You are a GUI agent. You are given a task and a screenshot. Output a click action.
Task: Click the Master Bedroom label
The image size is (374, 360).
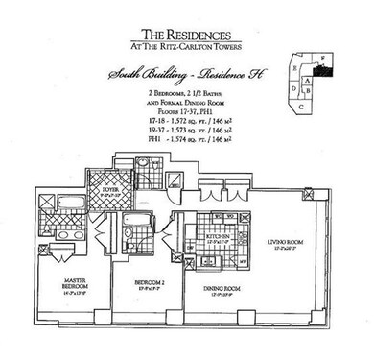[x=58, y=283]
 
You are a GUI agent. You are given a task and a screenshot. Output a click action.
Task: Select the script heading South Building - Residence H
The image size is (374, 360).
[x=187, y=74]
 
